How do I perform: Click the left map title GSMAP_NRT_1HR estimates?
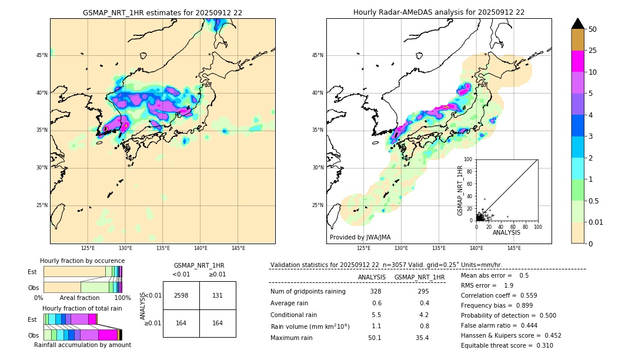click(x=162, y=12)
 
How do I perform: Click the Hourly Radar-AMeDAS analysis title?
click(x=439, y=12)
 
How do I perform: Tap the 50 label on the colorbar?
click(x=593, y=29)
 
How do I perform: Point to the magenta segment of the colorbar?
click(x=578, y=61)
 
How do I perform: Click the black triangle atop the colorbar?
click(x=578, y=24)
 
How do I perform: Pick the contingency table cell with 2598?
click(x=181, y=295)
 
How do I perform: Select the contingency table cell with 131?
click(x=218, y=295)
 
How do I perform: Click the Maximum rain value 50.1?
click(x=375, y=338)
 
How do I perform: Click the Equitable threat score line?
click(x=507, y=345)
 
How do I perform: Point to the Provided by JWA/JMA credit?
click(x=360, y=237)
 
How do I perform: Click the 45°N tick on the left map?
click(x=42, y=55)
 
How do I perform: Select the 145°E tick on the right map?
click(x=514, y=248)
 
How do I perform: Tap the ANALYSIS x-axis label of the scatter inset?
click(x=506, y=232)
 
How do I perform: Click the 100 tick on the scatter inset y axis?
click(x=469, y=159)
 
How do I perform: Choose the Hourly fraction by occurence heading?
click(x=82, y=261)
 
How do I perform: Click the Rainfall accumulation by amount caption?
click(x=82, y=345)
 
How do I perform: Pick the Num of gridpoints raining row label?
click(x=308, y=291)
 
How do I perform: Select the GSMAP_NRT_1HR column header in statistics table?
click(x=419, y=277)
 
